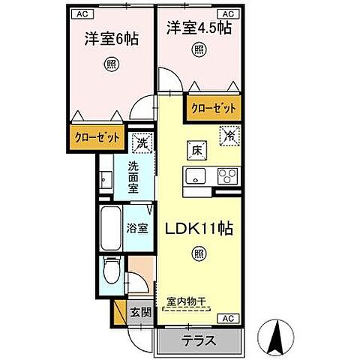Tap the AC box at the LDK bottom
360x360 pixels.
click(228, 319)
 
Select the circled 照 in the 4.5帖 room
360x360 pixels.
click(200, 51)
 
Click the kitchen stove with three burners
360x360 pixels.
click(227, 176)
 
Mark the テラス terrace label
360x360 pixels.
click(199, 340)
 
